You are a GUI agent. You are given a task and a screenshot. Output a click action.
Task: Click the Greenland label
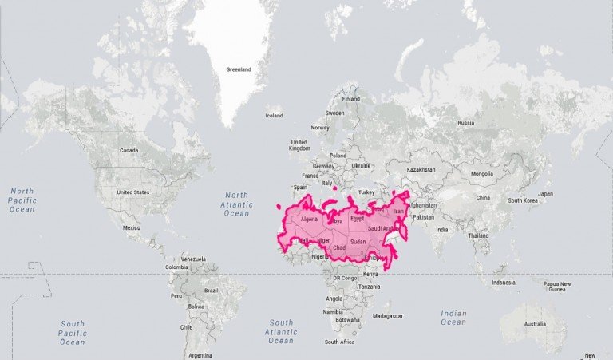pos(239,69)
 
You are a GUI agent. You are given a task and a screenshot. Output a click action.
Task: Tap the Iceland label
pos(274,115)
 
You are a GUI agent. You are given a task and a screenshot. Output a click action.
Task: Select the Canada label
pos(129,150)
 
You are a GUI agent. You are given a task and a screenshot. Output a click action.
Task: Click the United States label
pos(132,192)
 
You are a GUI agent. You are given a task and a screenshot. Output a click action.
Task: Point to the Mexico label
pos(132,227)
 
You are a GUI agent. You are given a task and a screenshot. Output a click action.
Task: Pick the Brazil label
pos(212,290)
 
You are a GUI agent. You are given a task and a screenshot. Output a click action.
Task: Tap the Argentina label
pos(201,354)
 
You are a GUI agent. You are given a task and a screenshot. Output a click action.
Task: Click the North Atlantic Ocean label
pos(236,204)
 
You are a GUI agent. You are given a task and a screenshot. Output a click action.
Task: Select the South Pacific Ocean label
pos(72,333)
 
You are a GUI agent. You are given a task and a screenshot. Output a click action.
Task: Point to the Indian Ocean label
pos(453,318)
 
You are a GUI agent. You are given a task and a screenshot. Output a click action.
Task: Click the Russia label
pos(465,123)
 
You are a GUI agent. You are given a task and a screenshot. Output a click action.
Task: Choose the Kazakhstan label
pos(421,169)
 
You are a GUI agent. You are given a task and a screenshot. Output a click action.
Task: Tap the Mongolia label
pos(482,173)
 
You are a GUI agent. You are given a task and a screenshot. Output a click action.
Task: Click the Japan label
pos(545,193)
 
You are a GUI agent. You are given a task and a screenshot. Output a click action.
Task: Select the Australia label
pos(535,324)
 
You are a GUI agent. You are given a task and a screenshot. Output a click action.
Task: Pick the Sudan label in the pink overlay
pos(358,241)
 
